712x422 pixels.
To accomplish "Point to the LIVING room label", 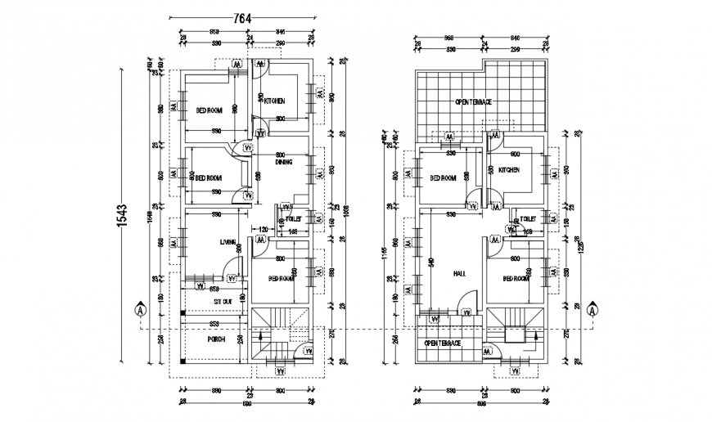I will (228, 242).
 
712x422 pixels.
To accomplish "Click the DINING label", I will (283, 162).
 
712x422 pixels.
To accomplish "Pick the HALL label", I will (460, 274).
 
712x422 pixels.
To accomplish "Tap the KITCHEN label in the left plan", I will (273, 101).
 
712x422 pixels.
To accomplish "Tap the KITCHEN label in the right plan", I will (509, 169).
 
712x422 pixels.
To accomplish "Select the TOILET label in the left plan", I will (295, 220).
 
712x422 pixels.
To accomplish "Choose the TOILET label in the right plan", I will (528, 220).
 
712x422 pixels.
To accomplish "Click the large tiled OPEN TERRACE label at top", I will (473, 101).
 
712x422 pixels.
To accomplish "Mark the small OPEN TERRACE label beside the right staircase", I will (443, 343).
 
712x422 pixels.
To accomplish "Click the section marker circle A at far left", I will (140, 311).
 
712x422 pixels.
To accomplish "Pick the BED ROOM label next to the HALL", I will (516, 278).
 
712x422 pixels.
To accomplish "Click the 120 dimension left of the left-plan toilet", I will (264, 230).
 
